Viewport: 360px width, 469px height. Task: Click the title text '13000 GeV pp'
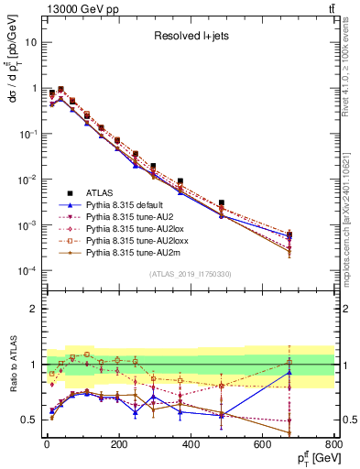click(x=75, y=8)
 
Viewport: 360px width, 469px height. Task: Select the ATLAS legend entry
click(x=101, y=193)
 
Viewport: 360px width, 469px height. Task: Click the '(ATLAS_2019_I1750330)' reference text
click(x=190, y=274)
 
